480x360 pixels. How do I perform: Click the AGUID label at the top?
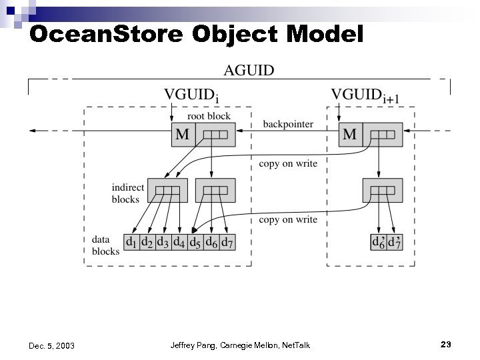tap(249, 71)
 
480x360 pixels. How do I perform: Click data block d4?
tap(179, 242)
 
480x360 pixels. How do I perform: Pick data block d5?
tap(195, 242)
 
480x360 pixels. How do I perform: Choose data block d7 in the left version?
tap(227, 242)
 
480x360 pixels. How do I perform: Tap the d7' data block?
tap(395, 242)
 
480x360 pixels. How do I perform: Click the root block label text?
tap(208, 116)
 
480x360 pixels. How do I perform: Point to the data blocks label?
tap(105, 245)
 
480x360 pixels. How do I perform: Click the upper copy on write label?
tap(288, 164)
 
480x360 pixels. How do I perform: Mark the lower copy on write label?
tap(288, 219)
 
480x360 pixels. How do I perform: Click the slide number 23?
tap(446, 344)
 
